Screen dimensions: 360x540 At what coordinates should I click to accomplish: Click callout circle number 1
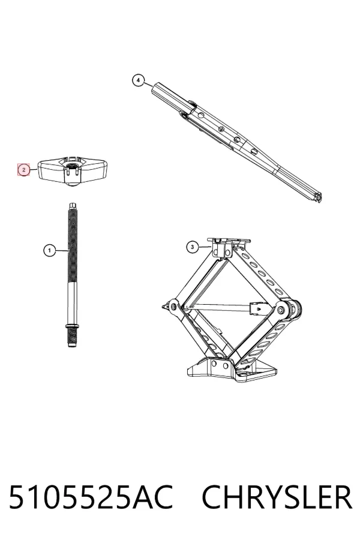click(x=49, y=250)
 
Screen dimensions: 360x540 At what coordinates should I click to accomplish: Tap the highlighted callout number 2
click(x=24, y=170)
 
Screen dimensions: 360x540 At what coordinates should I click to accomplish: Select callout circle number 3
click(x=192, y=247)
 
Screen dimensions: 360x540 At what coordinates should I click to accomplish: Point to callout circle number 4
click(x=138, y=80)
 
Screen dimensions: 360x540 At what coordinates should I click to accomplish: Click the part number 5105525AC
click(x=91, y=497)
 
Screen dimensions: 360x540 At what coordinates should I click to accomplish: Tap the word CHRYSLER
click(x=277, y=497)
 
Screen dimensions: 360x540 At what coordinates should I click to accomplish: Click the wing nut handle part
click(x=73, y=171)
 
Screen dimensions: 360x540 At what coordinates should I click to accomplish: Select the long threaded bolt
click(x=72, y=275)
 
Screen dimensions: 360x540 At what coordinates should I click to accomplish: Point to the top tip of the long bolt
click(x=73, y=203)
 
